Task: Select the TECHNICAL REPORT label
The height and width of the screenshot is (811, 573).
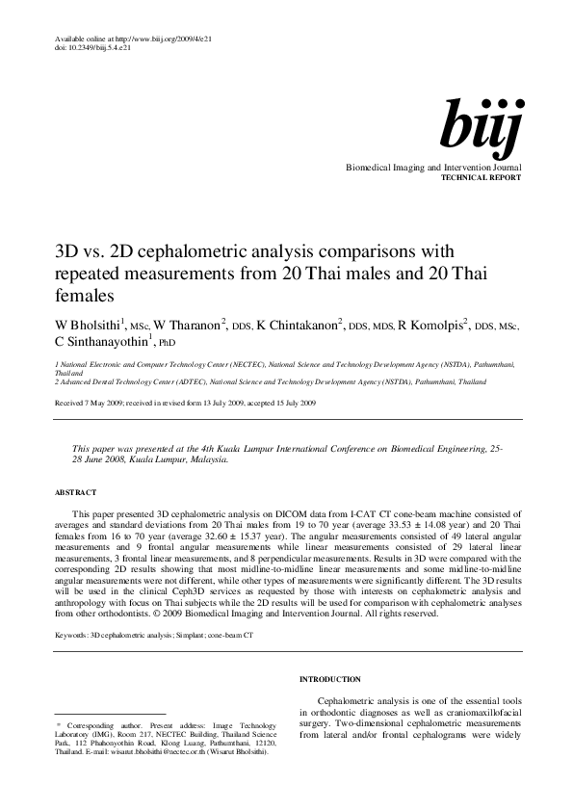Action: coord(481,179)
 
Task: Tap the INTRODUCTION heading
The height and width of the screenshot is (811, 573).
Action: coord(330,679)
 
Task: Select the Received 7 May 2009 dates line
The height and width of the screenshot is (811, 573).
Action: coord(185,401)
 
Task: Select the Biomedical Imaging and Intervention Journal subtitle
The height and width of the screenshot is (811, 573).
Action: coord(433,168)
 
